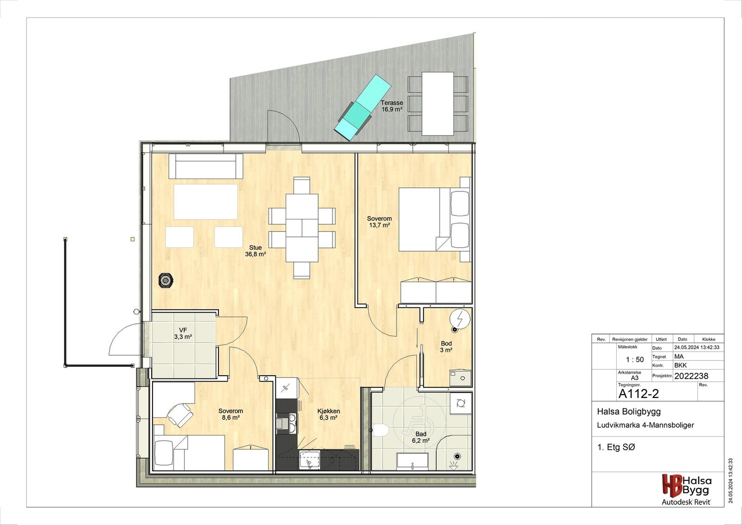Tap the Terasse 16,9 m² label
tap(392, 106)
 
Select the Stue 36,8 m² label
tap(256, 251)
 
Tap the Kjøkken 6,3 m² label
tap(328, 414)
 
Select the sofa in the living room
tap(206, 166)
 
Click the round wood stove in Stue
tap(166, 280)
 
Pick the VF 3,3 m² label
tap(183, 333)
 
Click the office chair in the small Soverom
tap(180, 414)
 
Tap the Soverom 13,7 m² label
tap(379, 222)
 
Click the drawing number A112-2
tap(639, 394)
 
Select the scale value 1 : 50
tap(634, 359)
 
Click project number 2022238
tap(691, 376)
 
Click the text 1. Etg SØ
tap(616, 447)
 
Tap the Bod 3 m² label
tap(446, 347)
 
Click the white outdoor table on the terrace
tap(437, 103)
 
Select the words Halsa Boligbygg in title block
tap(628, 411)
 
